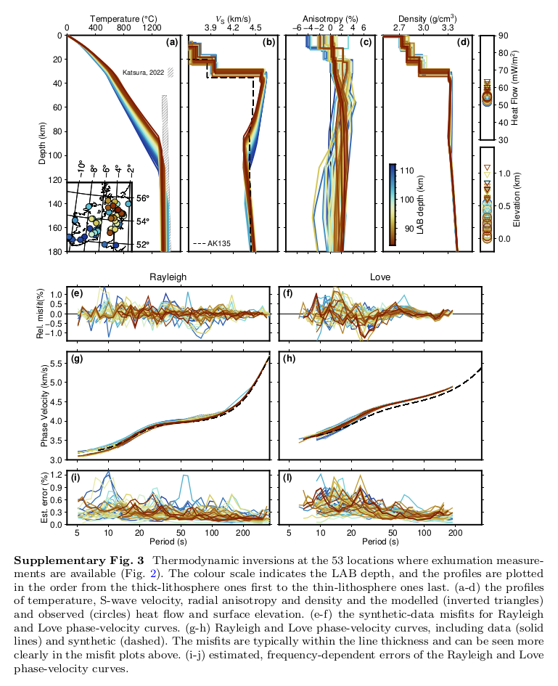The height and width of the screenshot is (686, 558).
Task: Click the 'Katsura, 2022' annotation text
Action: click(x=144, y=72)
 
